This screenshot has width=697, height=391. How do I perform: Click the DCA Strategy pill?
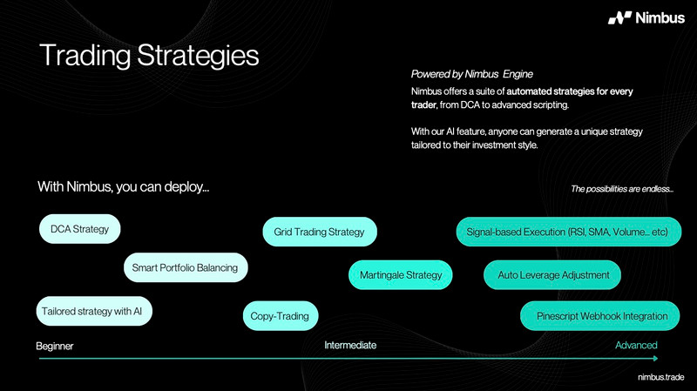click(79, 229)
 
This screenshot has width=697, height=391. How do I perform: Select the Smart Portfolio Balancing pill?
click(186, 267)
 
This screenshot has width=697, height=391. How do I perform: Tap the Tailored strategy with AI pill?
click(94, 311)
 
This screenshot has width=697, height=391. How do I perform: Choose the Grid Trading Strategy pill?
click(320, 232)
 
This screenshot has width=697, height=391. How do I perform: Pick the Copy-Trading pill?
click(281, 316)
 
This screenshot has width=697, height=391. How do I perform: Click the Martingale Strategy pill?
click(401, 274)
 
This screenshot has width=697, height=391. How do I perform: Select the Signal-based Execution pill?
click(569, 232)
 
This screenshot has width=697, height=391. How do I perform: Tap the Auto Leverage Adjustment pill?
click(552, 274)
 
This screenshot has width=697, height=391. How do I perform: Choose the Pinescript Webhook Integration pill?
click(599, 316)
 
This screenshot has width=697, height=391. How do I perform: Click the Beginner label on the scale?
click(55, 346)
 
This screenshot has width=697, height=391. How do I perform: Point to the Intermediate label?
click(350, 345)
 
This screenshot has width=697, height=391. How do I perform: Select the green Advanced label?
click(636, 345)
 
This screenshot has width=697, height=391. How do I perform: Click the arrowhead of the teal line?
click(656, 358)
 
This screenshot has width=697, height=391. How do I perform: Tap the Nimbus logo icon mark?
click(619, 17)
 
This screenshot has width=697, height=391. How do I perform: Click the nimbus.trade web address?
click(661, 377)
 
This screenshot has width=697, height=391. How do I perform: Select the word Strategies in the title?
click(198, 56)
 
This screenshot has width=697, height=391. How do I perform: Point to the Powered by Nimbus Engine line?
click(471, 74)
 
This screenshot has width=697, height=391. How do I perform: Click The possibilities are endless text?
click(622, 189)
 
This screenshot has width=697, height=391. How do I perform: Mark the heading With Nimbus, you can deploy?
click(123, 186)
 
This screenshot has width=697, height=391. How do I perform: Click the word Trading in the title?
click(85, 56)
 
